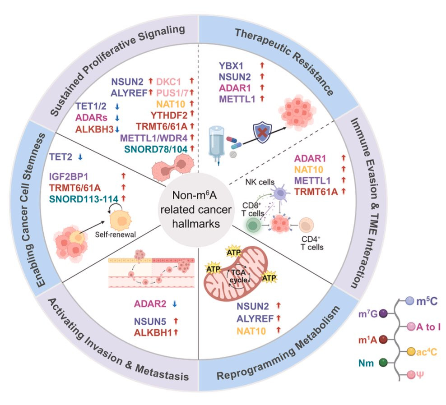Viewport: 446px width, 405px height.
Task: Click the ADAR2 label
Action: (151, 304)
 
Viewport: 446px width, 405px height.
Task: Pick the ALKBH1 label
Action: (153, 333)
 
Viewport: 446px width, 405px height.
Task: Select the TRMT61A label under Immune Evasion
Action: (315, 191)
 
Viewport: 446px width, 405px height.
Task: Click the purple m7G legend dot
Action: (384, 313)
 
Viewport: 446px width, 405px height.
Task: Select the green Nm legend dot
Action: (384, 362)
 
